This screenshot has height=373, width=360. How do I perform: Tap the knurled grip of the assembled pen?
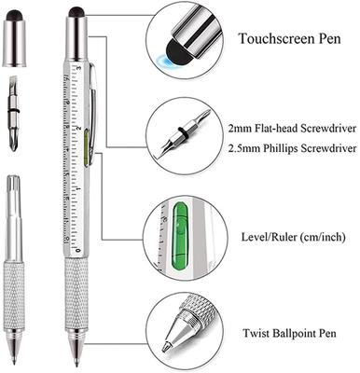[76, 290]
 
